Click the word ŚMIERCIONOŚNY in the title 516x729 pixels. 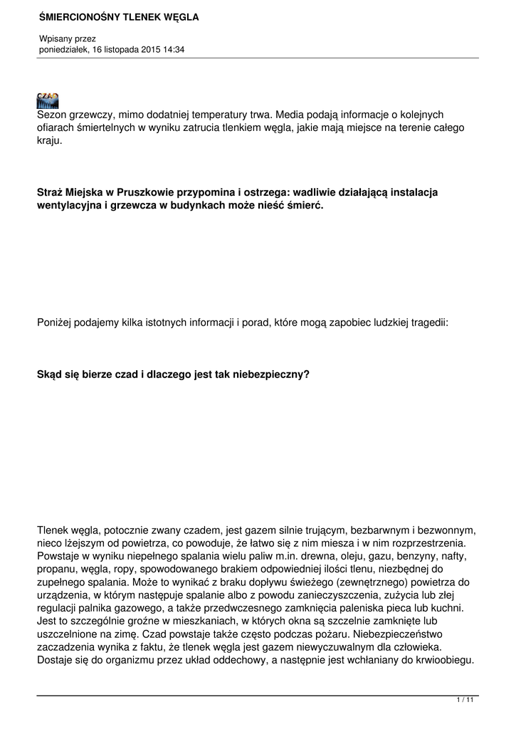(x=73, y=16)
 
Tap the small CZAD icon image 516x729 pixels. (x=48, y=100)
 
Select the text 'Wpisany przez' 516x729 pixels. (x=67, y=38)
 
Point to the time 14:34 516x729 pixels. (x=173, y=49)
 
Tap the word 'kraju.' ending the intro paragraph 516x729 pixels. (x=50, y=140)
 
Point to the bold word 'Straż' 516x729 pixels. (x=51, y=192)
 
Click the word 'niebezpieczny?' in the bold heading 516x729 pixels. (x=273, y=373)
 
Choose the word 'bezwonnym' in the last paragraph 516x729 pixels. (x=447, y=530)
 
